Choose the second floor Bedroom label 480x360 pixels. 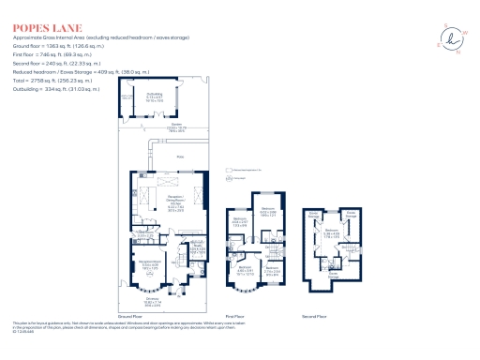click(x=331, y=230)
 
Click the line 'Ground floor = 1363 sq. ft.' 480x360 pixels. click(x=55, y=45)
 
